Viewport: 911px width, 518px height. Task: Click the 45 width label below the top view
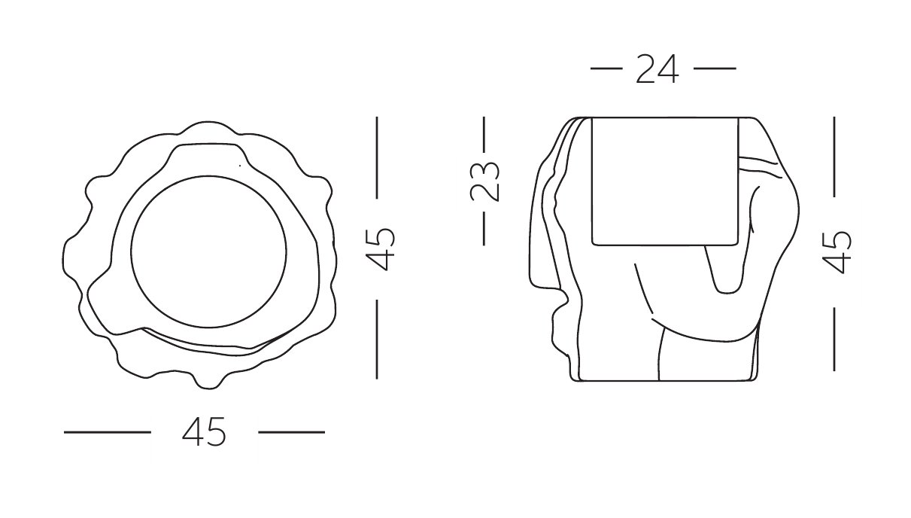click(x=204, y=431)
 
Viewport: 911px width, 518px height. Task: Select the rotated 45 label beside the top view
click(x=380, y=249)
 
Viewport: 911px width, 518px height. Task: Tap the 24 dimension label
click(x=657, y=69)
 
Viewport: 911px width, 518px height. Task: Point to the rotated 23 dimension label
click(x=484, y=181)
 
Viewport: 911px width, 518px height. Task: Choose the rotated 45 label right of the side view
click(x=837, y=252)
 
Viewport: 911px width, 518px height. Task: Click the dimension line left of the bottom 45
click(x=108, y=432)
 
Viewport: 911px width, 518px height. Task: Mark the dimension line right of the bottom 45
click(x=292, y=432)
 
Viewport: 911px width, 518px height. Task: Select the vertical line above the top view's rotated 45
click(x=377, y=157)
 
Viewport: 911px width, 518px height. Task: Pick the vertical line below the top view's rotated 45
click(x=377, y=340)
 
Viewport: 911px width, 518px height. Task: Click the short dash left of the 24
click(x=606, y=69)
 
